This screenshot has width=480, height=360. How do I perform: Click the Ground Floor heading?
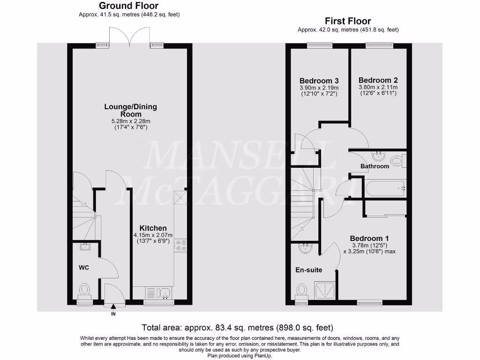pyautogui.click(x=129, y=6)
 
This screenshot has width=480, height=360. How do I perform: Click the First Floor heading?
pyautogui.click(x=348, y=21)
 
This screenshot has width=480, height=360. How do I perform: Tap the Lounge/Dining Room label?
pyautogui.click(x=130, y=110)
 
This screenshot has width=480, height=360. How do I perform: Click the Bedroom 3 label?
pyautogui.click(x=319, y=80)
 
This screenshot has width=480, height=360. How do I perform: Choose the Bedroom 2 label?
pyautogui.click(x=377, y=80)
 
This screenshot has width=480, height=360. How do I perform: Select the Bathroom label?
pyautogui.click(x=375, y=166)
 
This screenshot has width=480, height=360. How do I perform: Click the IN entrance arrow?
pyautogui.click(x=113, y=307)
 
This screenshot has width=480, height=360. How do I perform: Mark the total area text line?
pyautogui.click(x=238, y=327)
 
